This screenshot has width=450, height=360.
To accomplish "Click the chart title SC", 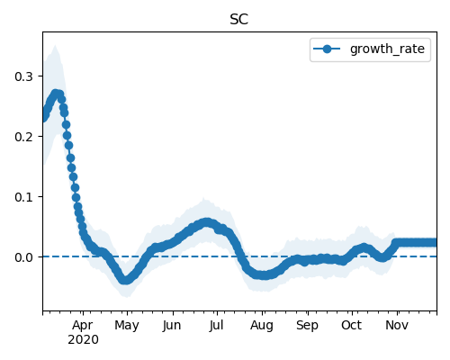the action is pos(239,20).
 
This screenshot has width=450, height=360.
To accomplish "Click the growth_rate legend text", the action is pos(387,49).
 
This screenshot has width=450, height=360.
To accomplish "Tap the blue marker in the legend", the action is pos(327,49).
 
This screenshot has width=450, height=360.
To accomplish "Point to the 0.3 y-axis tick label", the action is pos(23,76).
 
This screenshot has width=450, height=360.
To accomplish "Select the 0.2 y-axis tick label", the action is pos(23,137).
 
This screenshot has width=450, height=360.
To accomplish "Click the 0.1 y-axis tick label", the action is pos(23,197).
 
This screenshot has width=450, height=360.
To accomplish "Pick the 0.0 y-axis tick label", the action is pos(23,257).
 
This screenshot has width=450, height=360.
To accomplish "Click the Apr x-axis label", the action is pos(83,326).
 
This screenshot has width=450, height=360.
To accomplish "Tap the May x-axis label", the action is pos(127,326).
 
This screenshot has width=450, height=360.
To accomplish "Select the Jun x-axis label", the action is pos(172,326).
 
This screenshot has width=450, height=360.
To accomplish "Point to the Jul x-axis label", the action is pos(217,326).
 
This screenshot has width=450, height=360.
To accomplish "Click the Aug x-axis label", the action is pos(262,326).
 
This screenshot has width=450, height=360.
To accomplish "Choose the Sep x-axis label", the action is pos(307,326).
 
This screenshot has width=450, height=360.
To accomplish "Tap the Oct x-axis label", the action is pos(351,325).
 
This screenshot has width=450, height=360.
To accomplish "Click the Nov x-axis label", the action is pos(397,325).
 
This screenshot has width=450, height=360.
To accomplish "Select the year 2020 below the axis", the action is pos(83,340).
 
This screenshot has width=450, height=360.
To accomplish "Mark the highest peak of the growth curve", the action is pos(56,94).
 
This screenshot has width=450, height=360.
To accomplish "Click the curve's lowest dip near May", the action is pos(125,280).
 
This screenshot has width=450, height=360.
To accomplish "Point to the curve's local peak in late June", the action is pos(206,222).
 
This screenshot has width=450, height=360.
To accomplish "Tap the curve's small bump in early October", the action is pos(364,247).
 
